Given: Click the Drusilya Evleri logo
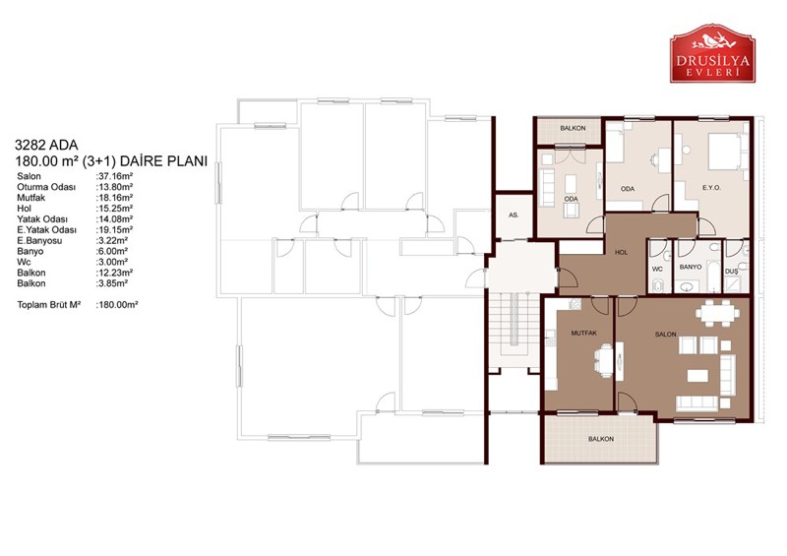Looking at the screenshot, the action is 712,53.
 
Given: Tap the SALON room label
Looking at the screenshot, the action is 666,334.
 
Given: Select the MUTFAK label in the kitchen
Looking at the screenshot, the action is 583,333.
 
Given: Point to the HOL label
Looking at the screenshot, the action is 622,252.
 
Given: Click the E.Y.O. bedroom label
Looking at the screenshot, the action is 711,187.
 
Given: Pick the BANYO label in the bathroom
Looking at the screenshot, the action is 691,267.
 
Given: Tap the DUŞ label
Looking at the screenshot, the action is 731,272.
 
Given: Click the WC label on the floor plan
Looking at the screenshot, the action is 657,270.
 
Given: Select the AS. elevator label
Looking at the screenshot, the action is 514,215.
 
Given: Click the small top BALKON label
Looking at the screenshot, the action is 573,128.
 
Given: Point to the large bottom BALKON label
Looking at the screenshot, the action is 601,439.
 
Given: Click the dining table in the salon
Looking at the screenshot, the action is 717,313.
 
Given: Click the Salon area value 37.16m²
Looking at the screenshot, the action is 114,176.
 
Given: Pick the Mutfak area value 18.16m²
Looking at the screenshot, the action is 114,198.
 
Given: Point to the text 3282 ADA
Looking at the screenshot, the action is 46,146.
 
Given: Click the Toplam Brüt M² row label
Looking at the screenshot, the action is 48,305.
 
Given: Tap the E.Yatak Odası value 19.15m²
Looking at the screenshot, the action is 114,229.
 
